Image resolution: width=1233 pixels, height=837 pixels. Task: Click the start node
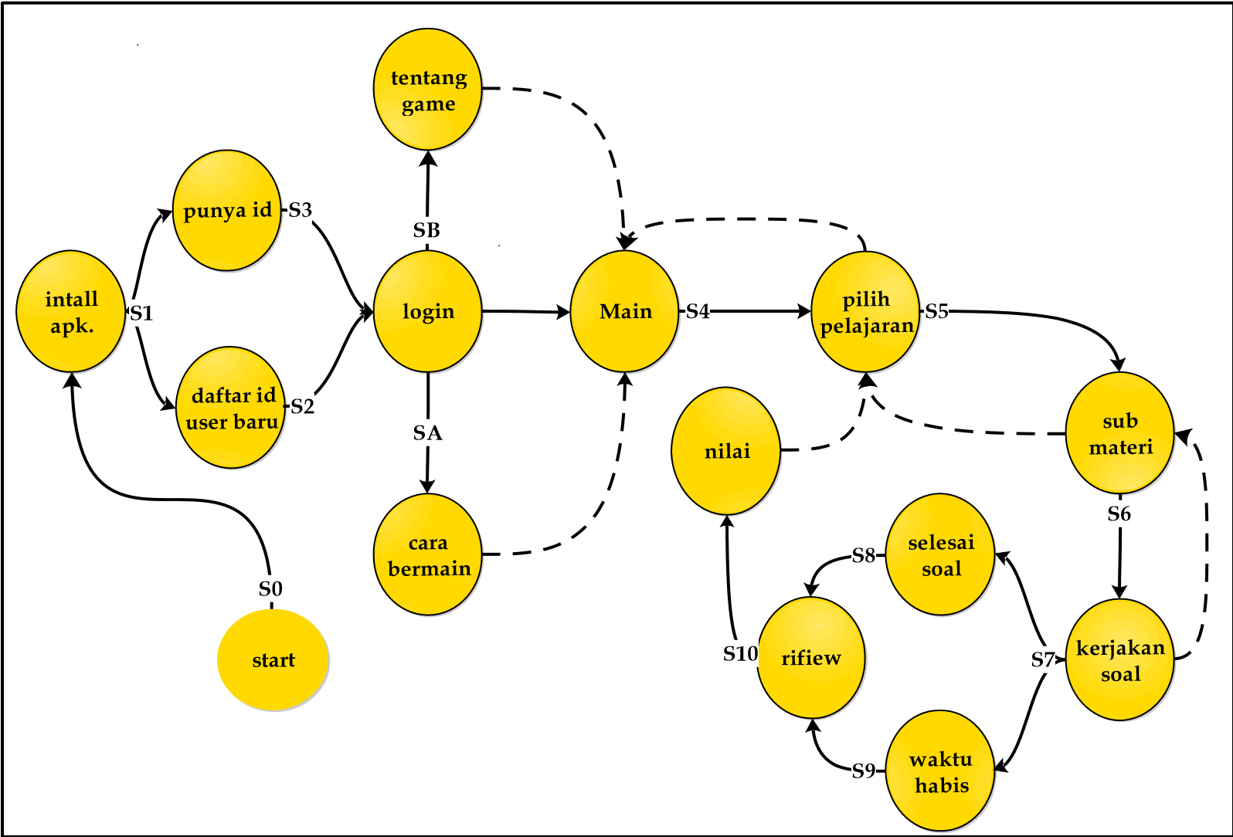pyautogui.click(x=273, y=660)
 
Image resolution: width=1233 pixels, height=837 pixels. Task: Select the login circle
pyautogui.click(x=427, y=311)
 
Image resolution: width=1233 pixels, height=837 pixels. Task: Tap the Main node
pyautogui.click(x=624, y=311)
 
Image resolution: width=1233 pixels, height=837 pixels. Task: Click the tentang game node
pyautogui.click(x=427, y=90)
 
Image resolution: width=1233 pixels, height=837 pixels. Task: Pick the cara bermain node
pyautogui.click(x=427, y=554)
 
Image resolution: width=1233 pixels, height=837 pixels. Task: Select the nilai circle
pyautogui.click(x=725, y=451)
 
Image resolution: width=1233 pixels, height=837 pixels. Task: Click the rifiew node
pyautogui.click(x=810, y=658)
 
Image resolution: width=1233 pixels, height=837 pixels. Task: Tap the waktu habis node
pyautogui.click(x=939, y=771)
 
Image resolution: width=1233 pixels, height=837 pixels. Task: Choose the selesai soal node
pyautogui.click(x=939, y=554)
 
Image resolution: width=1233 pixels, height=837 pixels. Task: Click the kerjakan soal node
pyautogui.click(x=1119, y=660)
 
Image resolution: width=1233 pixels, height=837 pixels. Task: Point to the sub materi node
pyautogui.click(x=1119, y=433)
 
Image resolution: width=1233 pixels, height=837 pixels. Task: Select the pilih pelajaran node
pyautogui.click(x=865, y=311)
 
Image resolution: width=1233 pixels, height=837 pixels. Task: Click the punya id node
pyautogui.click(x=226, y=210)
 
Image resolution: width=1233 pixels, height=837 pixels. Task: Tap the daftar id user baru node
pyautogui.click(x=230, y=408)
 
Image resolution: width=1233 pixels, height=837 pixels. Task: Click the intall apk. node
pyautogui.click(x=70, y=311)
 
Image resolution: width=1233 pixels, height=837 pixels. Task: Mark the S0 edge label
pyautogui.click(x=270, y=589)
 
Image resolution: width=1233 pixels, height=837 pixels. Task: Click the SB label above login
pyautogui.click(x=426, y=230)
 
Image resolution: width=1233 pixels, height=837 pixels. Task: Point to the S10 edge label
pyautogui.click(x=740, y=654)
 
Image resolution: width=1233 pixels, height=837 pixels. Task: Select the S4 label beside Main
pyautogui.click(x=698, y=311)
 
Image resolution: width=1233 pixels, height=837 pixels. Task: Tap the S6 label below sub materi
pyautogui.click(x=1119, y=513)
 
